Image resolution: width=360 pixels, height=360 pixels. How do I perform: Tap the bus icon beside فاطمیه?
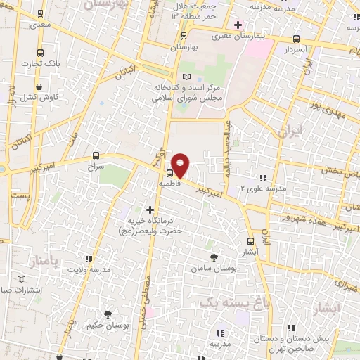pyautogui.click(x=170, y=172)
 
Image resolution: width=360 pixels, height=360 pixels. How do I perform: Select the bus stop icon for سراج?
pyautogui.click(x=96, y=155)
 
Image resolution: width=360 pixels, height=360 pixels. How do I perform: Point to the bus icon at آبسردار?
pyautogui.click(x=296, y=39)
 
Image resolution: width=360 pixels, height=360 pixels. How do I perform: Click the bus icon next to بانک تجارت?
pyautogui.click(x=41, y=53)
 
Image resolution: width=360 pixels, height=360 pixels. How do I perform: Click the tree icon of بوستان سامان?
pyautogui.click(x=213, y=258)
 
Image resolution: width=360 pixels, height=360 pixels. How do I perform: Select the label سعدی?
pyautogui.click(x=40, y=25)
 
